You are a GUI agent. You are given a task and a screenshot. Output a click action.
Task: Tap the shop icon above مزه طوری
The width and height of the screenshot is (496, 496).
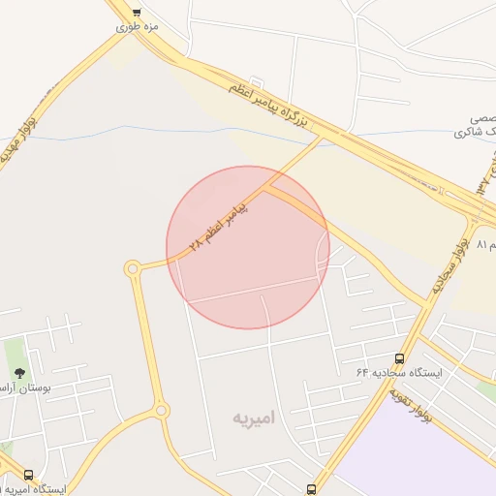click(137, 13)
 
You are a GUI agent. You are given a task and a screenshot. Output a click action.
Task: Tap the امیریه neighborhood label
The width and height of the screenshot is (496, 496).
click(254, 418)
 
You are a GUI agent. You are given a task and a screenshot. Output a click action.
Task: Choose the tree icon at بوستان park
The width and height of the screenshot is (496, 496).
click(19, 372)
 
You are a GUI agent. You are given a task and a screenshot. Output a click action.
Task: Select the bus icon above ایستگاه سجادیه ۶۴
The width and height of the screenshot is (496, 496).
click(400, 358)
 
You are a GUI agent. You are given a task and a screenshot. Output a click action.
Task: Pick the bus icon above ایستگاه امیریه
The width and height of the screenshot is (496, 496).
click(28, 475)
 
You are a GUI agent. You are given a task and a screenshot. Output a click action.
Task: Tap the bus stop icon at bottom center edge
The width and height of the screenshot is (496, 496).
click(311, 489)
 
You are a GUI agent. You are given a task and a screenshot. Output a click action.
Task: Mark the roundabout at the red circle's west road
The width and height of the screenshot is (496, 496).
click(132, 268)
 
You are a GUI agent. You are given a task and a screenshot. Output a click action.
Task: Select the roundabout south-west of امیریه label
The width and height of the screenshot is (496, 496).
click(161, 411)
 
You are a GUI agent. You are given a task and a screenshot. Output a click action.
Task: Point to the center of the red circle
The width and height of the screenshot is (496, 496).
click(248, 247)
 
